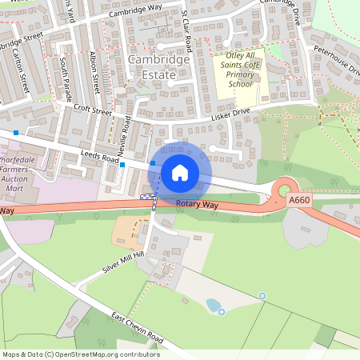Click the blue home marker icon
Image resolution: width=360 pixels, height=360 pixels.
(x=180, y=173)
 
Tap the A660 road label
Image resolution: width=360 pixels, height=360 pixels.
(x=299, y=200)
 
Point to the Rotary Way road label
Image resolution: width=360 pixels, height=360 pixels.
(x=197, y=206)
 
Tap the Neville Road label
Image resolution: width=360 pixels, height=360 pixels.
(x=126, y=134)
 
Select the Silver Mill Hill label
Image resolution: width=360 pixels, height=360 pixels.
(x=121, y=263)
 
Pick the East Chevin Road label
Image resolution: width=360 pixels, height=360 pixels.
(x=138, y=329)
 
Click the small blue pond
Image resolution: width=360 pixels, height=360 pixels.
(x=214, y=305)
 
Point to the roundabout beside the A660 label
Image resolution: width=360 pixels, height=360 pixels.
(x=282, y=190)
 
